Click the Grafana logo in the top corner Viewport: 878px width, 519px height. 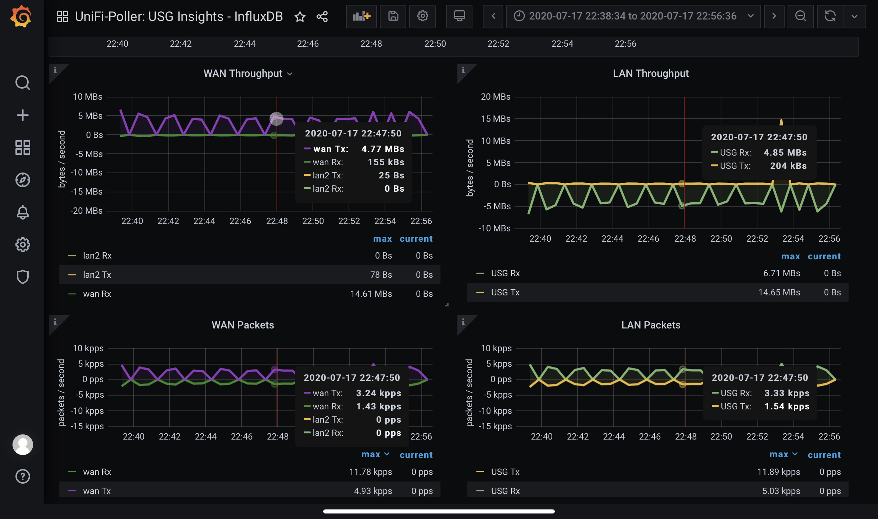pyautogui.click(x=21, y=17)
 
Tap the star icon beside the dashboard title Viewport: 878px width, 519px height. pyautogui.click(x=300, y=17)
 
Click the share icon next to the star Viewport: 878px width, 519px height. pyautogui.click(x=322, y=17)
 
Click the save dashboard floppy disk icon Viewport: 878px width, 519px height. pyautogui.click(x=393, y=16)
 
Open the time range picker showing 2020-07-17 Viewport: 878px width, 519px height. pyautogui.click(x=633, y=16)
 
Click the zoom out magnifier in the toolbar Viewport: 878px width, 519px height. pyautogui.click(x=800, y=16)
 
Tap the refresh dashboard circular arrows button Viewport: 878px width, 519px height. pyautogui.click(x=830, y=16)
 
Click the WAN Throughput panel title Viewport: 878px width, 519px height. pyautogui.click(x=243, y=74)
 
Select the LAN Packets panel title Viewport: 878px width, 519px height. pyautogui.click(x=650, y=325)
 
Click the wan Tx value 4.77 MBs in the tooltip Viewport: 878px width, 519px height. pyautogui.click(x=382, y=149)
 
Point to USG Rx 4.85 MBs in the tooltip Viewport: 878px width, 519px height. pyautogui.click(x=785, y=153)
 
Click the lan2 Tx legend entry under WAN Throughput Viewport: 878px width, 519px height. pyautogui.click(x=97, y=275)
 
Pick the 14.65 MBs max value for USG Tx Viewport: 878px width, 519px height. pyautogui.click(x=779, y=292)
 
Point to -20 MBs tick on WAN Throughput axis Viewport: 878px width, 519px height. pyautogui.click(x=86, y=211)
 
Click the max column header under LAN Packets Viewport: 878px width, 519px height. pyautogui.click(x=779, y=455)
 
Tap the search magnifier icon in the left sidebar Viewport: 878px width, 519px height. pyautogui.click(x=22, y=83)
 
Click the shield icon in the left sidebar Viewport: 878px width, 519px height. pyautogui.click(x=22, y=277)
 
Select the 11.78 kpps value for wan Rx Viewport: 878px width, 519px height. pyautogui.click(x=370, y=472)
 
